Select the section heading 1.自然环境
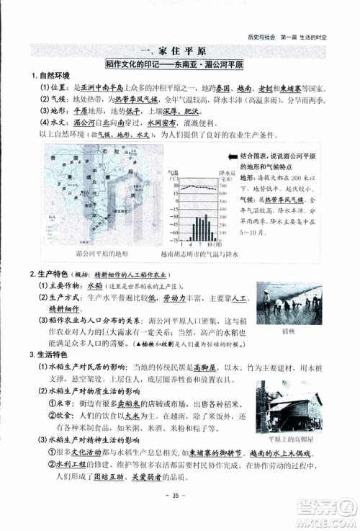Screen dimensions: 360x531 click(48, 76)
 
